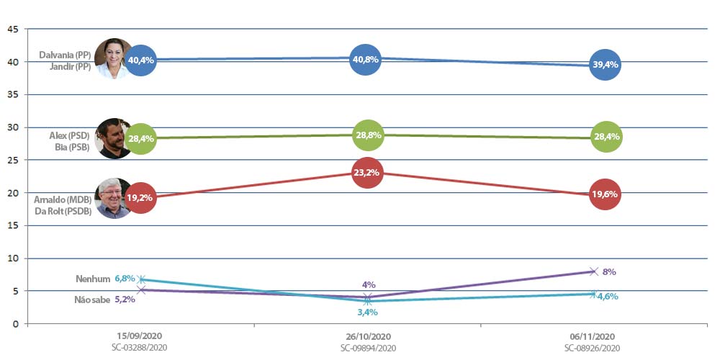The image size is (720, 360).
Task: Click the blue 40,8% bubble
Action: coord(367,59)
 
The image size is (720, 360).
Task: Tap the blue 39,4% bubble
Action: coord(605,65)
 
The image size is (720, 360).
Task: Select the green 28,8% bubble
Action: coord(367,135)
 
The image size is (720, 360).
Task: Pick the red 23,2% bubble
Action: coord(367,173)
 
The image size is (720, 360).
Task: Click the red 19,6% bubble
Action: coord(605,194)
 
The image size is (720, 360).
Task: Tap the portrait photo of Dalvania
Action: coord(113,58)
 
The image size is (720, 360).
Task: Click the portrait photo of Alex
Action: coord(112,138)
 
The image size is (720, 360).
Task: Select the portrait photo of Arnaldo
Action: coord(112,198)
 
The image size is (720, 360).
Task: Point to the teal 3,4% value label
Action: coord(367,312)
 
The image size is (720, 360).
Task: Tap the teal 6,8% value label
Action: coord(125,278)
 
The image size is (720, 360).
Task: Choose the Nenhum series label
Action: coord(92,279)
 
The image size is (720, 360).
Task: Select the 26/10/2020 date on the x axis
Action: coord(367,336)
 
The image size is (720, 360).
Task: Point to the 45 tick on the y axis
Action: coord(12,30)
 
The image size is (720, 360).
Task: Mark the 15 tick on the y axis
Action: coord(12,225)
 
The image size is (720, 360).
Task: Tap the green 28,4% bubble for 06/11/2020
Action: coord(605,137)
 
